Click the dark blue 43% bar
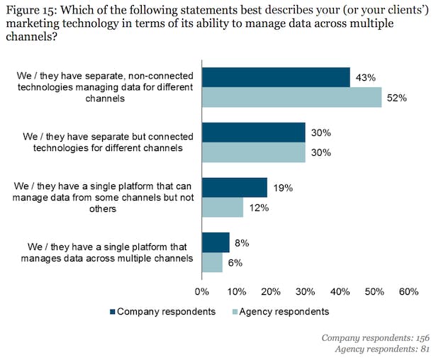pyautogui.click(x=276, y=77)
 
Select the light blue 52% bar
pyautogui.click(x=291, y=98)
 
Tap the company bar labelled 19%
pyautogui.click(x=235, y=187)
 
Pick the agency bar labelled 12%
pyautogui.click(x=223, y=207)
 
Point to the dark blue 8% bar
pyautogui.click(x=216, y=242)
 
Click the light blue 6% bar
pyautogui.click(x=212, y=262)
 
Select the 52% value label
pyautogui.click(x=396, y=99)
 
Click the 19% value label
pyautogui.click(x=284, y=188)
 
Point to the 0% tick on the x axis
pyautogui.click(x=202, y=291)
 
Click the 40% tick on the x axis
pyautogui.click(x=340, y=291)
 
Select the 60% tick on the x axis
pyautogui.click(x=408, y=291)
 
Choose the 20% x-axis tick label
pyautogui.click(x=271, y=291)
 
